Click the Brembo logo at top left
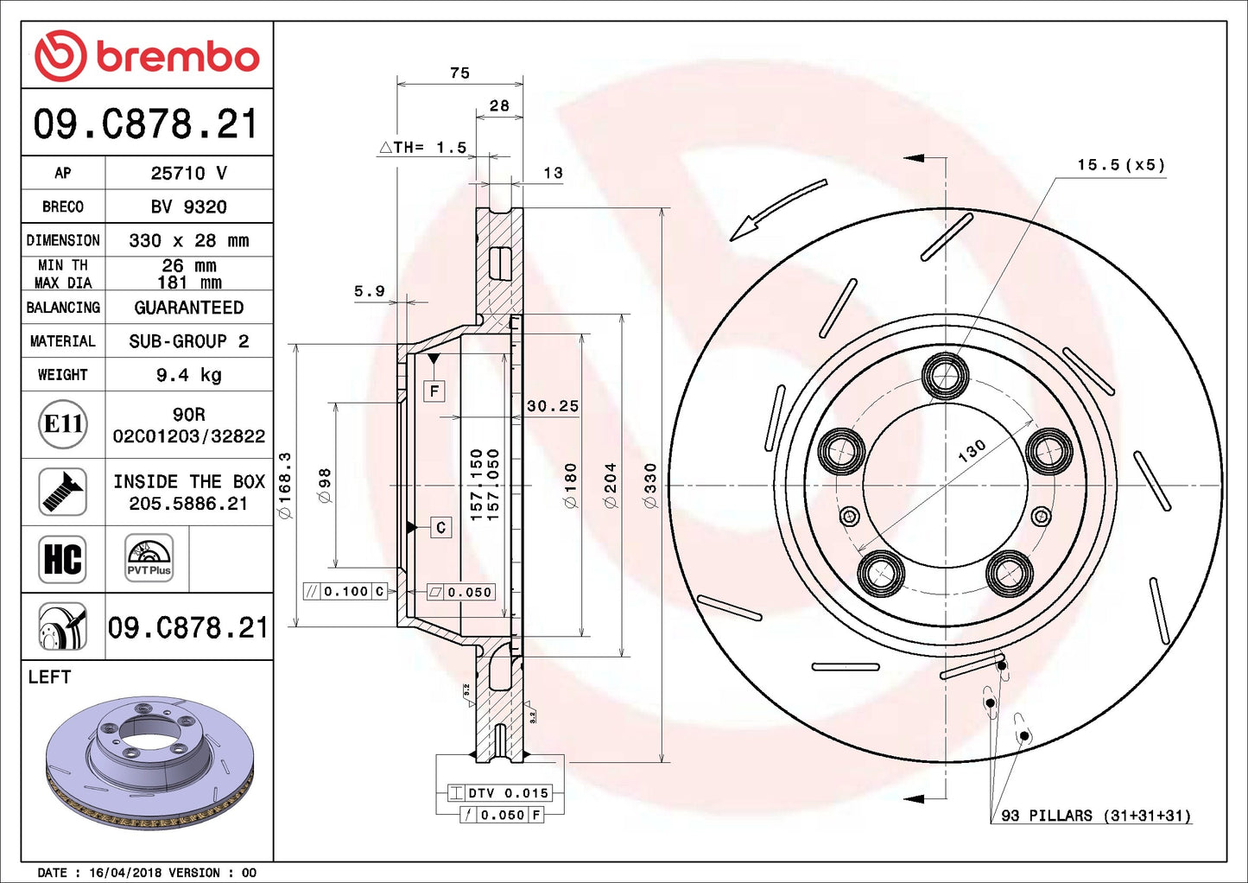coord(147,56)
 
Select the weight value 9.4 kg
coord(188,375)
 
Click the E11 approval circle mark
coord(63,424)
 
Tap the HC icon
coord(63,559)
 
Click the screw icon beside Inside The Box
coord(63,492)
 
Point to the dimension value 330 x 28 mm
coord(188,240)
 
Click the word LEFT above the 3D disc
coord(49,677)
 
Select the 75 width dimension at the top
coord(459,73)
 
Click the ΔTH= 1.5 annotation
coord(424,148)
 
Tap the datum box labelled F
coord(434,391)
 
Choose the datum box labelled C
coord(440,527)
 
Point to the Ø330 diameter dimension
coord(651,485)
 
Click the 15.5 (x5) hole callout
coord(1120,165)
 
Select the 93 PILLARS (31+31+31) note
coord(1095,816)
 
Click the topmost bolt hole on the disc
coord(946,376)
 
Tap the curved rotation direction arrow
coord(776,209)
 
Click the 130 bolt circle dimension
coord(972,450)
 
